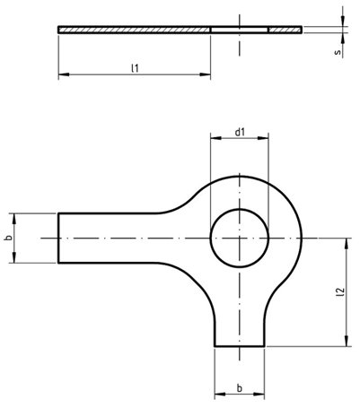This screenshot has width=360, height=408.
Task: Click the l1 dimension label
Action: point(134,67)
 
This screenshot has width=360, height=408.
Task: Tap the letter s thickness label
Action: point(336,53)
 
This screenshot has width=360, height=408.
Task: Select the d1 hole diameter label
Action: point(240,133)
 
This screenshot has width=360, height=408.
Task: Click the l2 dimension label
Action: point(340,291)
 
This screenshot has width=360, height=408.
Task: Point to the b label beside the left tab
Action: point(7,239)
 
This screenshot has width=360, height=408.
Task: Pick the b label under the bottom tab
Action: point(240,387)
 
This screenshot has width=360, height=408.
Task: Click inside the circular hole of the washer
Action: point(240,239)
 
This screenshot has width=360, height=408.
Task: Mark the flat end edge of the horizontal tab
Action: point(59,239)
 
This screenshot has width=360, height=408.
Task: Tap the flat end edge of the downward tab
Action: point(240,345)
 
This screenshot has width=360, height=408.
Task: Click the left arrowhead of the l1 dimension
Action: point(62,75)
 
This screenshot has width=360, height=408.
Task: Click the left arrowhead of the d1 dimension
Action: point(213,141)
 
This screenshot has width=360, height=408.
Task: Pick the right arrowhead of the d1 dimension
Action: point(266,141)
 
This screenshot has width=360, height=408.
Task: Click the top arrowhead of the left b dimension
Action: point(15,216)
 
